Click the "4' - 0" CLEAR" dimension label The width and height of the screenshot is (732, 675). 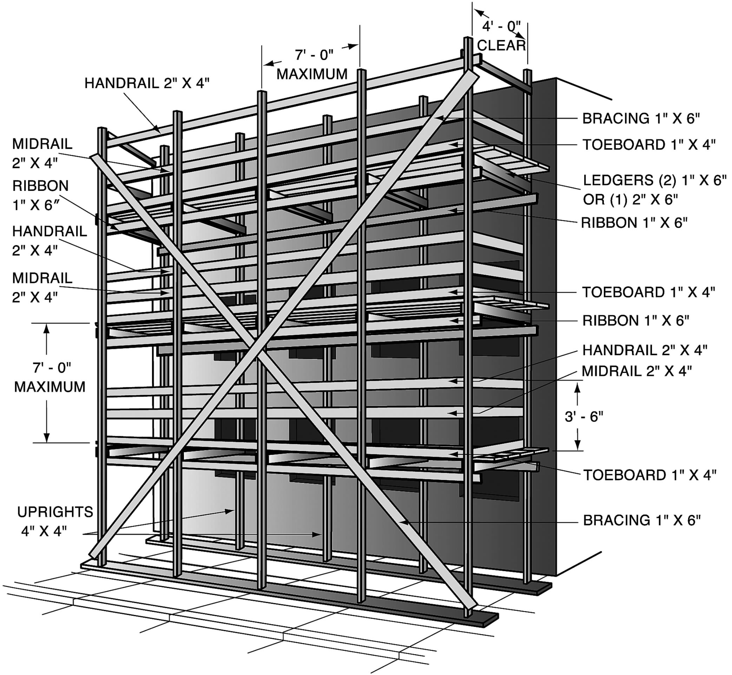pos(501,36)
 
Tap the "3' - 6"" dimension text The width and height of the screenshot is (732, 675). pos(584,416)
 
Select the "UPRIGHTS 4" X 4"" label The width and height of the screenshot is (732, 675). pos(55,521)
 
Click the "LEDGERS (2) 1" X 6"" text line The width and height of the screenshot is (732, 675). pos(654,180)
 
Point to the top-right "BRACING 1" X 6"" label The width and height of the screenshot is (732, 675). pos(641,118)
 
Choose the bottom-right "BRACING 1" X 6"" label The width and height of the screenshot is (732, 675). pos(642,520)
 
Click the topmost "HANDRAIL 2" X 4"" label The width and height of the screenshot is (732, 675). pos(147,83)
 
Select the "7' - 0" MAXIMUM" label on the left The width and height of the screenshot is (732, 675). pos(50,377)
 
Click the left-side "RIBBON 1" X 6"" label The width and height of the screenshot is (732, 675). pos(40,196)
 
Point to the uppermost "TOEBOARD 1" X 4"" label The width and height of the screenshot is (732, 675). pos(649,145)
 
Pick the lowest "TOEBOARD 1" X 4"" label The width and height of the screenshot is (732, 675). pos(649,475)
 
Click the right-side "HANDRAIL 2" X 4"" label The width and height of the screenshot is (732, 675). pos(645,350)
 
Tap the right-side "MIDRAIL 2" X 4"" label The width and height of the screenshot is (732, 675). pos(637,371)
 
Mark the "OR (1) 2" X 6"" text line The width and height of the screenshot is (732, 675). pos(631,199)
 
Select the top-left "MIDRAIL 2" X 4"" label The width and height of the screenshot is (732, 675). pos(42,153)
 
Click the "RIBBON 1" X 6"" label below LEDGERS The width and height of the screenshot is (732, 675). pos(634,223)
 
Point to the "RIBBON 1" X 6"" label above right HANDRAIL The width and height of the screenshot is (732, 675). pos(635,320)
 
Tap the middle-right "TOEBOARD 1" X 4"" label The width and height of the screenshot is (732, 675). pos(648,292)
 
